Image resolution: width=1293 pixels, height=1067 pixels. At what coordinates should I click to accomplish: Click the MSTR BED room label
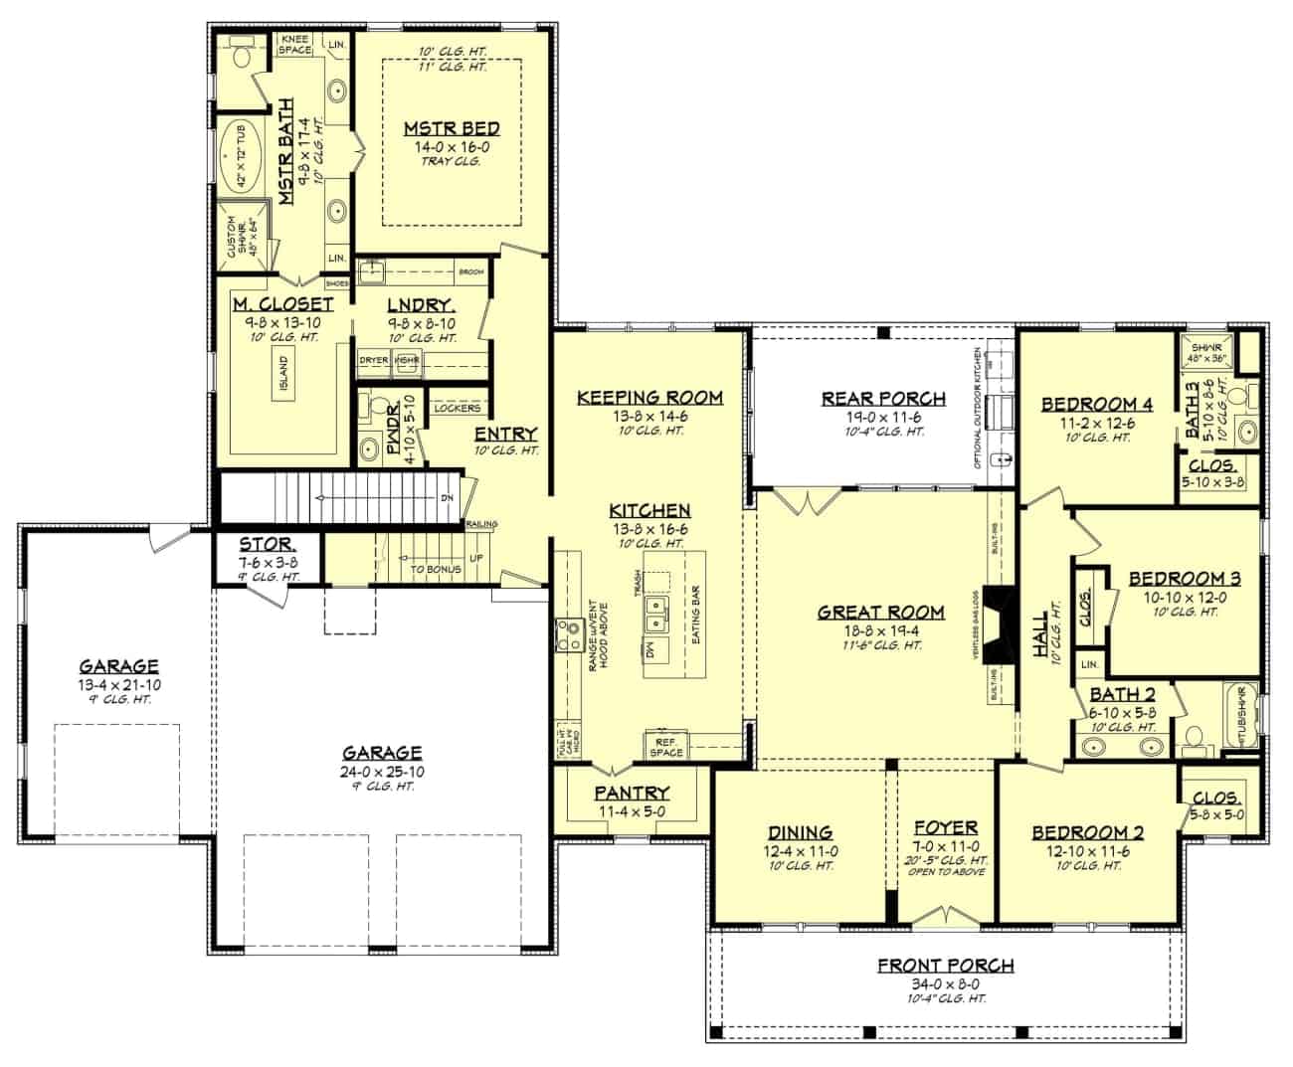[x=451, y=128]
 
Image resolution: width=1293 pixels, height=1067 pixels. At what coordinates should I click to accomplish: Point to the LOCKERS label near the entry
[x=458, y=408]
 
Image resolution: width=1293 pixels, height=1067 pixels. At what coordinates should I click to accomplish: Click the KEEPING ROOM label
[x=649, y=398]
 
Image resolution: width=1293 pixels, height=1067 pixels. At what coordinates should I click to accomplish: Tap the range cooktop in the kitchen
[x=570, y=634]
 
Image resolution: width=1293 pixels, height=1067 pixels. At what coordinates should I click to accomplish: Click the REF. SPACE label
[x=666, y=746]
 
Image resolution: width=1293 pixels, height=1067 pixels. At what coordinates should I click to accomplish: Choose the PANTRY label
[x=632, y=793]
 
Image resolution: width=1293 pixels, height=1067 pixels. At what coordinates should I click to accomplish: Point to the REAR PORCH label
[x=883, y=399]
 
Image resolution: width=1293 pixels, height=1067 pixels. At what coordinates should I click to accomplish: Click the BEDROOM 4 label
[x=1096, y=404]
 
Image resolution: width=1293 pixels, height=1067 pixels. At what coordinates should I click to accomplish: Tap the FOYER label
[x=945, y=827]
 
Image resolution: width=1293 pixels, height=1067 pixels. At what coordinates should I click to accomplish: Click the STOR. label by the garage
[x=267, y=544]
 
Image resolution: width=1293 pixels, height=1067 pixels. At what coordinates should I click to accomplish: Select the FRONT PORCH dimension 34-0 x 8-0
[x=945, y=982]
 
